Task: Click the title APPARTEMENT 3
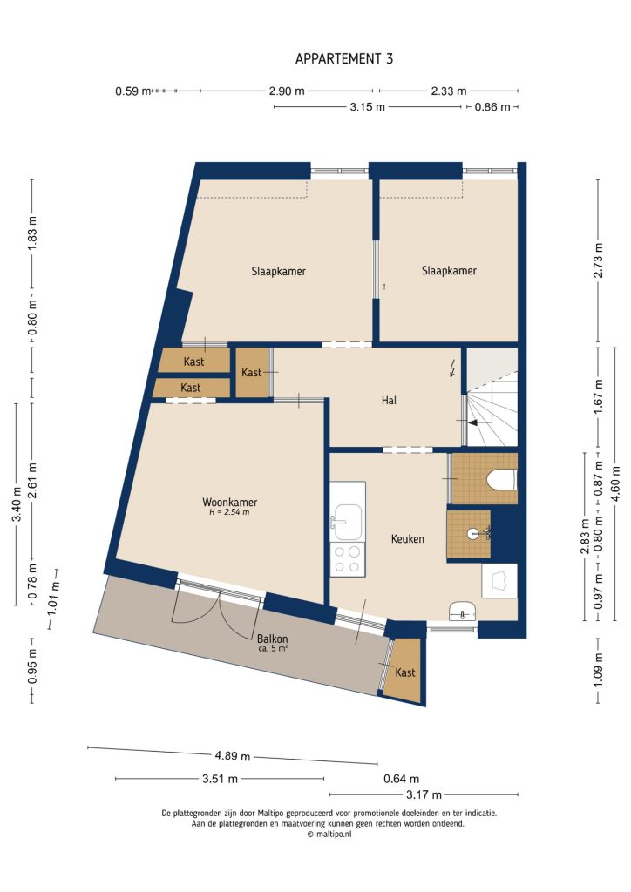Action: click(x=344, y=59)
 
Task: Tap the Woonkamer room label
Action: click(x=229, y=503)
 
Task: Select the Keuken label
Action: click(x=407, y=539)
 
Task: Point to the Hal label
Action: click(x=390, y=401)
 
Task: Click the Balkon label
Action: click(x=273, y=638)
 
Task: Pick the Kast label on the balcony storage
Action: click(x=405, y=673)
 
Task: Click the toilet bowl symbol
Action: click(x=500, y=480)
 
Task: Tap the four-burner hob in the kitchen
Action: click(x=347, y=557)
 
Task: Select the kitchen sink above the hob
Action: click(x=347, y=521)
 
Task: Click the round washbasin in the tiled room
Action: click(x=473, y=533)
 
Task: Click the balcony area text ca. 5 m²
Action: click(x=273, y=649)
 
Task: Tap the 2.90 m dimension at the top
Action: click(x=287, y=91)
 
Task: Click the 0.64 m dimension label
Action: click(x=401, y=779)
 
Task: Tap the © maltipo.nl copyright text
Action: click(x=329, y=834)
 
